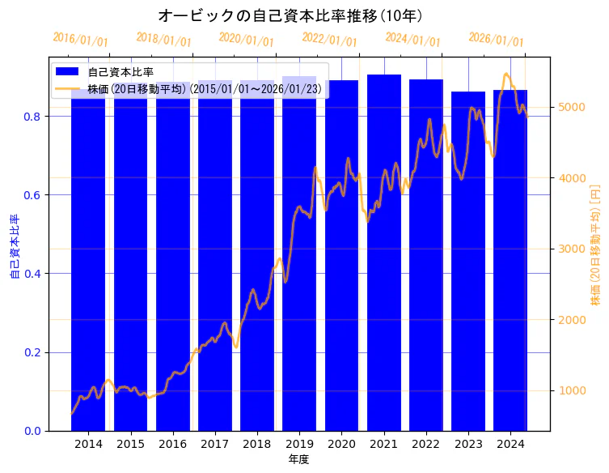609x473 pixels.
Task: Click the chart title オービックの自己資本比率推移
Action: click(290, 15)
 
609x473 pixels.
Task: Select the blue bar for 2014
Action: click(88, 267)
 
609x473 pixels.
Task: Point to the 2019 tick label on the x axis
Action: click(299, 444)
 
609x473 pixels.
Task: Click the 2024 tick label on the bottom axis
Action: click(510, 444)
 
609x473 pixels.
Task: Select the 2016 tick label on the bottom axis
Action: click(172, 444)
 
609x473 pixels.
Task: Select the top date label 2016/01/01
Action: click(80, 40)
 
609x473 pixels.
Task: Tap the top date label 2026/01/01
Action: click(496, 40)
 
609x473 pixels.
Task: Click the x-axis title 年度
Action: click(298, 459)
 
